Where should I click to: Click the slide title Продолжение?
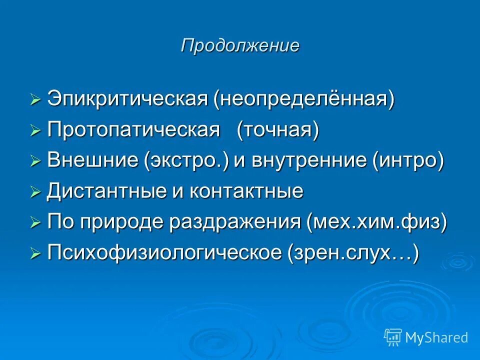coord(240,45)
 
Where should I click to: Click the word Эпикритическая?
coord(127,99)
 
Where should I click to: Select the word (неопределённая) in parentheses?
coord(304,99)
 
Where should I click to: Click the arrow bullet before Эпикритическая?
coord(35,99)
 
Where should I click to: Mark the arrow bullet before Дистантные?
coord(35,192)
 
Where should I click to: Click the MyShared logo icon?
coord(393,337)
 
